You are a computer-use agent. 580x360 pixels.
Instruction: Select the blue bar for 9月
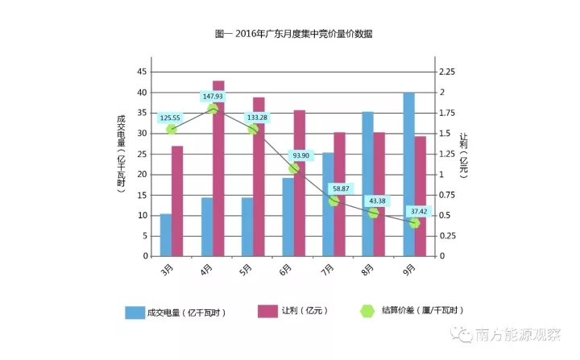point(408,174)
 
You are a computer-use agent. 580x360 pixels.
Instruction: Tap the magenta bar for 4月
point(218,168)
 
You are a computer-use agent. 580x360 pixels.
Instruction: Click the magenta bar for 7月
point(339,194)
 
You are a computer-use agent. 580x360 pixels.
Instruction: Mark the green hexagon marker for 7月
point(333,200)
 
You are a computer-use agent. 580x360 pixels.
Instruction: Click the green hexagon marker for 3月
point(172,129)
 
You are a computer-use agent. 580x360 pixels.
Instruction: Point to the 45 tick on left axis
point(142,72)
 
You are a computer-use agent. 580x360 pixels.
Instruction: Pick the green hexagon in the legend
point(367,310)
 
